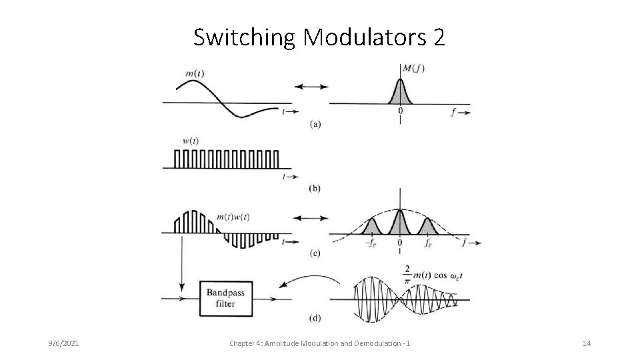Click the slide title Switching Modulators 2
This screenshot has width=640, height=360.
(x=319, y=38)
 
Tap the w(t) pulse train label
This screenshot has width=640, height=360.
(x=190, y=140)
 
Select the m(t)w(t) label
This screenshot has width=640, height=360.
(x=233, y=217)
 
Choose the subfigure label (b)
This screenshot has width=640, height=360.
(x=315, y=189)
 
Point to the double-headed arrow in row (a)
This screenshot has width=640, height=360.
(x=311, y=86)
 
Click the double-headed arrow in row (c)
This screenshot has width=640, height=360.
(x=311, y=218)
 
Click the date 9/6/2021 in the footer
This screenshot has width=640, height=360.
(x=65, y=343)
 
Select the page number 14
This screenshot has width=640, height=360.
(x=587, y=343)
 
